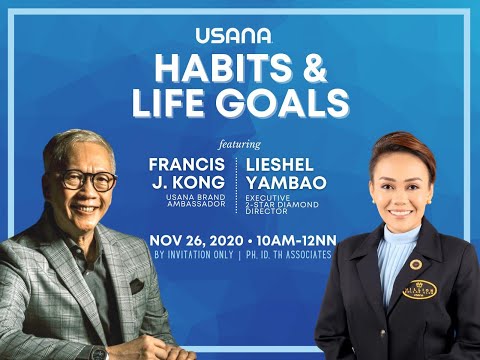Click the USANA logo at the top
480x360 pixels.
(240, 35)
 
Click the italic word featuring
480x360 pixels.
(239, 142)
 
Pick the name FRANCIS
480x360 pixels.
(185, 162)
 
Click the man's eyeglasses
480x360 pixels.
(87, 181)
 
